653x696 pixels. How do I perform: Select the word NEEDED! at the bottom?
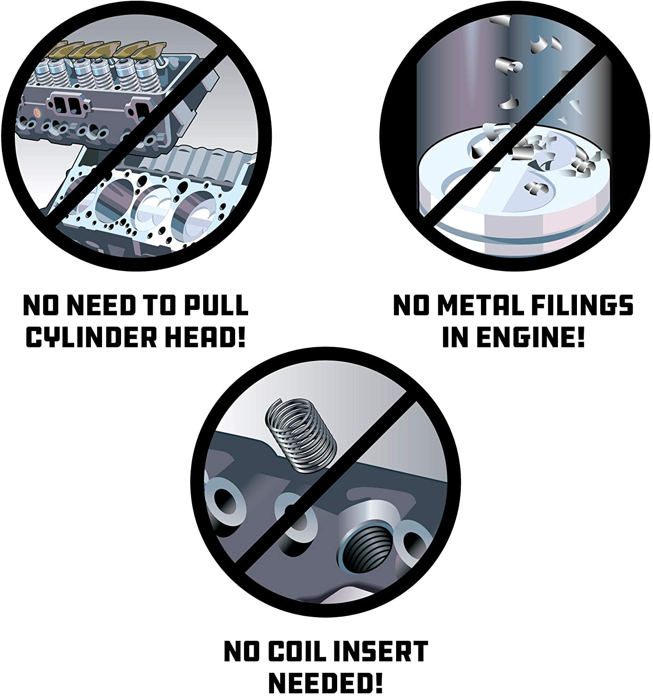(326, 683)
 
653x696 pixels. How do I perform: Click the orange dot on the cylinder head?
(37, 113)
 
